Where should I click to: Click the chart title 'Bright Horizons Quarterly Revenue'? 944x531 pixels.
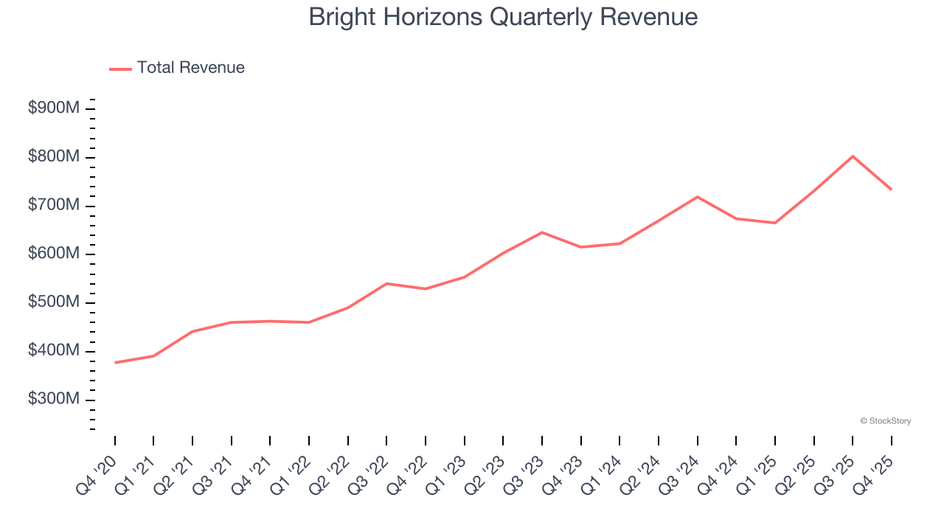coord(503,17)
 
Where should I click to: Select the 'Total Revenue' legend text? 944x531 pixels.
coord(190,68)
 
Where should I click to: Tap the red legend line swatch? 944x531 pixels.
coord(120,69)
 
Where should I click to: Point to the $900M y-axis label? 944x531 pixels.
coord(54,108)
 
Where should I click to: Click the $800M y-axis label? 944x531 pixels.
coord(54,157)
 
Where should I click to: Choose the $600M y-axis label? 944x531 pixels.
coord(54,254)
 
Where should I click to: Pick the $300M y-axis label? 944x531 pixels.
coord(54,399)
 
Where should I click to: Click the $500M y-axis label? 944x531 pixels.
coord(54,302)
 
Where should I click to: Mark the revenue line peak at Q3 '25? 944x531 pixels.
coord(853,156)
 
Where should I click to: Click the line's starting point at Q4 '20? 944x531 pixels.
coord(115,362)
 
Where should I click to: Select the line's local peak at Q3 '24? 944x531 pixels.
coord(697,197)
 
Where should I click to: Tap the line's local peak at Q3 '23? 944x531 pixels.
coord(542,232)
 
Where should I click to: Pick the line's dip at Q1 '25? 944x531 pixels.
coord(775,223)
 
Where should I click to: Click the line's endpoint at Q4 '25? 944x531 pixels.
coord(891,190)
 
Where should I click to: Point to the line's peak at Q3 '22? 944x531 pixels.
coord(386,283)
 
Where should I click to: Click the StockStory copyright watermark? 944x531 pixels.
coord(885,421)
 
